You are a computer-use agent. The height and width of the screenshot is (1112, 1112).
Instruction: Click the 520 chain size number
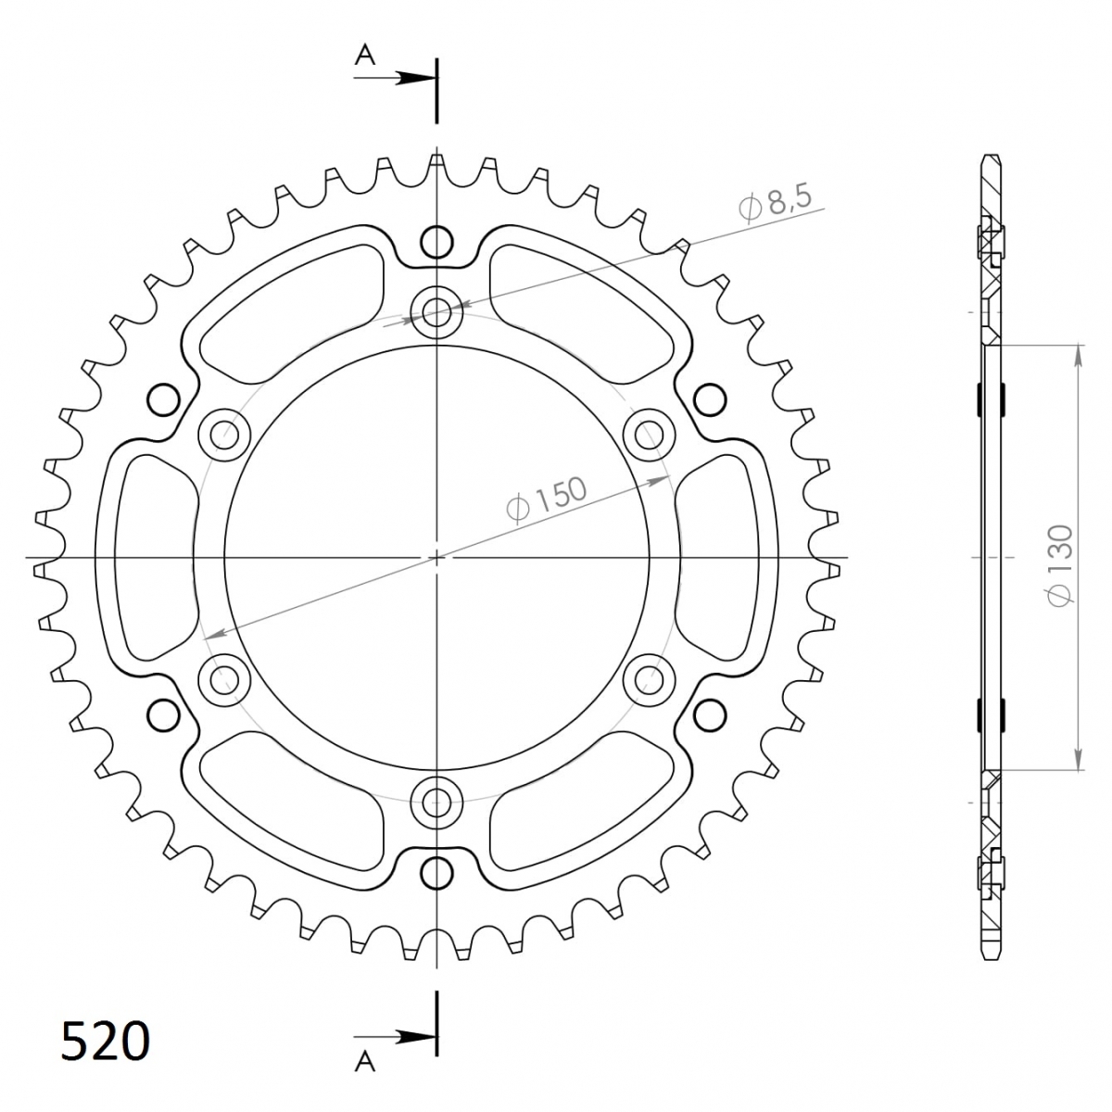pos(105,1041)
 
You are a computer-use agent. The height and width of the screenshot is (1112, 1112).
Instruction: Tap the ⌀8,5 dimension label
pos(775,202)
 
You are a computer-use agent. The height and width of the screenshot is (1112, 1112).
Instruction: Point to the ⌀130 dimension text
pos(1060,565)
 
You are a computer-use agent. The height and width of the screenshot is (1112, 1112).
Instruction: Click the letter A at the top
pos(365,56)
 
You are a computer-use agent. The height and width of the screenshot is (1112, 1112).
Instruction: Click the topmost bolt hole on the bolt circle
pos(436,313)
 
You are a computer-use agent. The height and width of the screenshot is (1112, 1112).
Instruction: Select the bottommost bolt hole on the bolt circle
pos(436,802)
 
